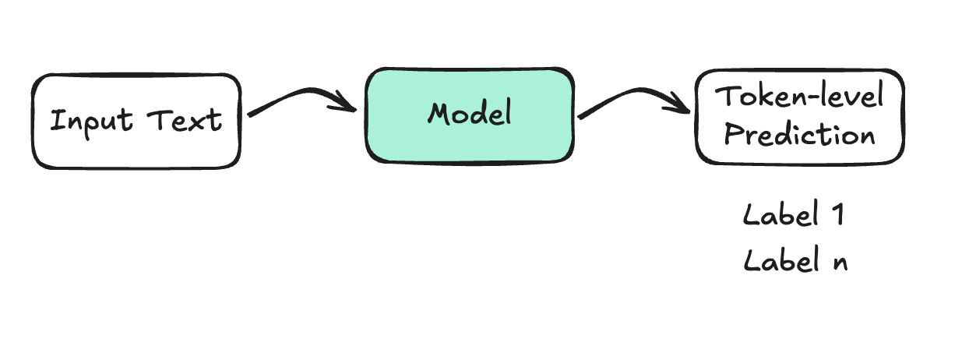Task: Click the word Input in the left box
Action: [x=91, y=122]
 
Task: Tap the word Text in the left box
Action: [x=185, y=120]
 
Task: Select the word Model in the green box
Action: [x=470, y=113]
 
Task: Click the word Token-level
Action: [x=799, y=96]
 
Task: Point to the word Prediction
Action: [x=799, y=134]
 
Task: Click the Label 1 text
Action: [x=794, y=214]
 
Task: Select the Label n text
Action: [x=795, y=259]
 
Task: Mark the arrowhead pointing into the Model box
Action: [x=346, y=104]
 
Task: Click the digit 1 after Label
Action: [x=838, y=214]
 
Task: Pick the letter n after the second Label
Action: [x=840, y=263]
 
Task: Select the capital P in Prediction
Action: [x=733, y=134]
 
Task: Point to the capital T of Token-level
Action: [x=726, y=95]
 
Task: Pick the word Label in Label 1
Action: [x=780, y=214]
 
